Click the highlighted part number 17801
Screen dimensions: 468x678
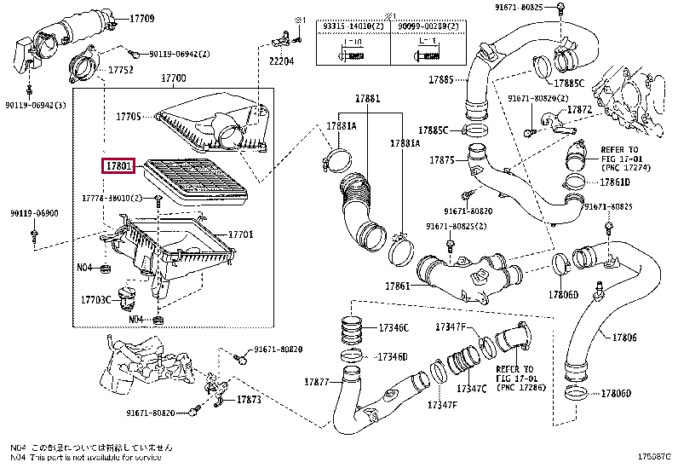point(118,165)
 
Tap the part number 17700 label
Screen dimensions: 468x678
point(174,79)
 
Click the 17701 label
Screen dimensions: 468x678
point(242,234)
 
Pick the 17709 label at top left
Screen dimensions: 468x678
point(142,18)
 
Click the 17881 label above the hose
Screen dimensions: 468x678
point(369,100)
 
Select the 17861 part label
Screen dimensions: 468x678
point(397,286)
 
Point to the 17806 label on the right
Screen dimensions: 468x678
point(624,338)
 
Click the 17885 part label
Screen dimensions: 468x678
point(441,79)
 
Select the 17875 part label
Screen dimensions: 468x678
point(442,159)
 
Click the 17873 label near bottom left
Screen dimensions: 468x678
point(249,399)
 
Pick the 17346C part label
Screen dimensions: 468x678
point(393,327)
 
